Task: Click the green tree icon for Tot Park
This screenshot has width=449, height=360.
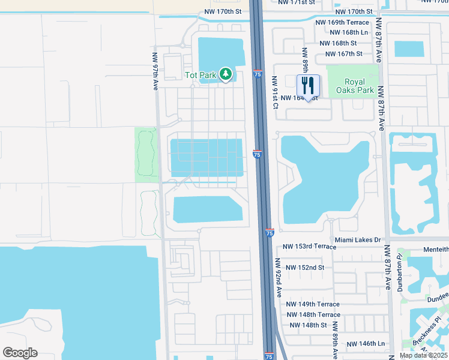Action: [226, 74]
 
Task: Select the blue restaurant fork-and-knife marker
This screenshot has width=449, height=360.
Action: [308, 85]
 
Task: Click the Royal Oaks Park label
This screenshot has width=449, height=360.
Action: [359, 86]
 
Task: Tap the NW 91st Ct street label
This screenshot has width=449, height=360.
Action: [276, 92]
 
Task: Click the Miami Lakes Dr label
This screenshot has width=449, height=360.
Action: [358, 240]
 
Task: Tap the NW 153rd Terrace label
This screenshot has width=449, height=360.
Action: [309, 247]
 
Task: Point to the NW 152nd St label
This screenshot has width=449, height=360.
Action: [304, 267]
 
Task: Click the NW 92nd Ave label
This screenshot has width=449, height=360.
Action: [279, 277]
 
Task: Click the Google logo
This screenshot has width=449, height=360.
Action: [20, 353]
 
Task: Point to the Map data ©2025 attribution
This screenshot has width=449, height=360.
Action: [423, 355]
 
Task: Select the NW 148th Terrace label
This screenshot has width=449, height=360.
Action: [313, 314]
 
